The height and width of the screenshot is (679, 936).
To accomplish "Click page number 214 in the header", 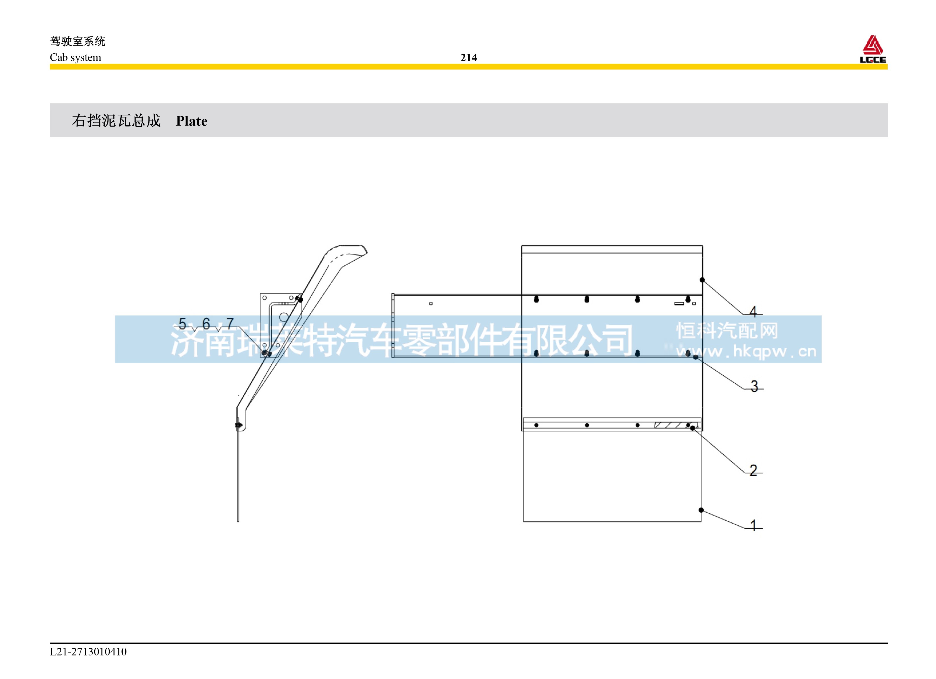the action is click(x=468, y=58).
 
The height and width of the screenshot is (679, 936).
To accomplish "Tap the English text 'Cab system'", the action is click(x=75, y=57).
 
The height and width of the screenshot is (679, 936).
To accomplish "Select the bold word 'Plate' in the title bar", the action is click(x=192, y=121).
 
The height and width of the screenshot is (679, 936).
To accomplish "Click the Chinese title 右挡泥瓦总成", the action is click(x=116, y=121).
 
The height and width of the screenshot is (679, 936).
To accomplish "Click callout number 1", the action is click(x=753, y=525).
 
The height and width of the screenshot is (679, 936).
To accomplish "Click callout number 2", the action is click(x=753, y=470).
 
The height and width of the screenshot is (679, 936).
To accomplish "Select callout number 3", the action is click(x=754, y=386).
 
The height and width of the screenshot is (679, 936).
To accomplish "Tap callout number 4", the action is click(x=753, y=312).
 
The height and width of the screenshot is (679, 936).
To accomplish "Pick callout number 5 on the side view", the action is click(x=182, y=323).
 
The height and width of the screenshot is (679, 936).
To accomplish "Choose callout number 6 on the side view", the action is click(x=206, y=323).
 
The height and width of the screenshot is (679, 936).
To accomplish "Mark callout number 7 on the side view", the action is click(x=230, y=323).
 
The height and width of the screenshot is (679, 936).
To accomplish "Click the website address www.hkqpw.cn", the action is click(x=746, y=352).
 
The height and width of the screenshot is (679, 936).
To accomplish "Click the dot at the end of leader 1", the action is click(x=701, y=510).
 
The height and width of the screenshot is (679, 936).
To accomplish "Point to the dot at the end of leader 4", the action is click(x=702, y=280).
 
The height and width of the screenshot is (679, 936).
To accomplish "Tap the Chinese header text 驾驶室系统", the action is click(x=78, y=41).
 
